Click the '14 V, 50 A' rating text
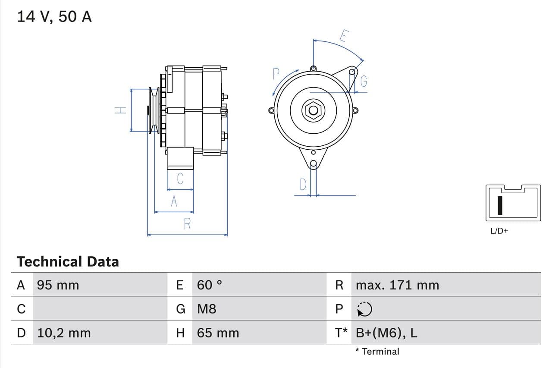[54, 17]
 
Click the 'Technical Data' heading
[68, 261]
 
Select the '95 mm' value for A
[58, 285]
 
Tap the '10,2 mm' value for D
[64, 333]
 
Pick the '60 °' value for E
[210, 285]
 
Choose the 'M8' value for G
[207, 309]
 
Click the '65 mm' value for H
[218, 333]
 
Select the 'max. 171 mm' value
[397, 285]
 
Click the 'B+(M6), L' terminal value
[386, 333]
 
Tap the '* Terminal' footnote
[377, 352]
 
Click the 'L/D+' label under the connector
[499, 231]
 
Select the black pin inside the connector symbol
[500, 205]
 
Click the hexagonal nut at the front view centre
[314, 111]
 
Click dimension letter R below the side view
[187, 224]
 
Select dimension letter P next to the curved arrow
[276, 75]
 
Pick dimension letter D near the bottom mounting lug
[303, 185]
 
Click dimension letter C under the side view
[180, 178]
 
